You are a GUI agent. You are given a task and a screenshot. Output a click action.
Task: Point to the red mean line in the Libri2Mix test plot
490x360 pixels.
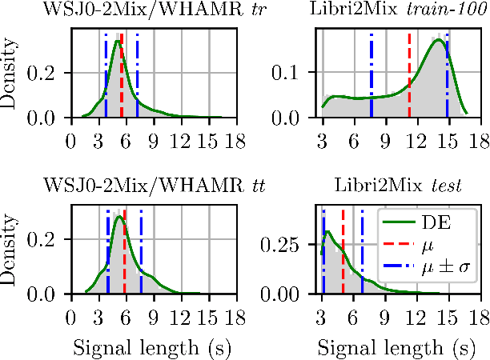click(x=343, y=256)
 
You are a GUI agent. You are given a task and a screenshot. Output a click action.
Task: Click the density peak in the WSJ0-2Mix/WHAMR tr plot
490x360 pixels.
click(x=117, y=42)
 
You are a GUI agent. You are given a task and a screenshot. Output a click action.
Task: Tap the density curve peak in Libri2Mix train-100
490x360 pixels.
click(x=438, y=41)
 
